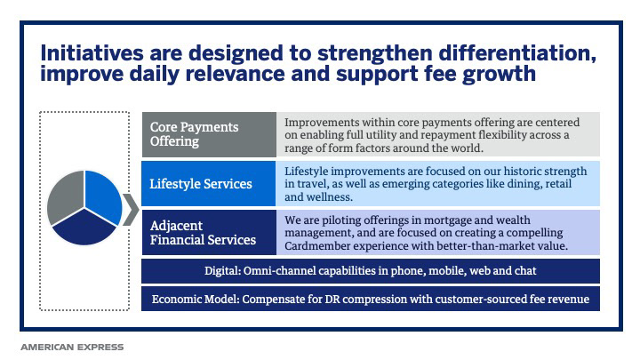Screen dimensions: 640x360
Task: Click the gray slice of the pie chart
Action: click(65, 196)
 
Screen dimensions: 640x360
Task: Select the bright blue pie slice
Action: click(104, 195)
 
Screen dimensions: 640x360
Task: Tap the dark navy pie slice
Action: click(84, 228)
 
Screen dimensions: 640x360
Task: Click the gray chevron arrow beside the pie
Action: click(131, 210)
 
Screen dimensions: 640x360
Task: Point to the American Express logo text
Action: click(72, 347)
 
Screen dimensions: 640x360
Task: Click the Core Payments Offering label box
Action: click(209, 134)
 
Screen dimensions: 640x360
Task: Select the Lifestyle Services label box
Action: click(209, 183)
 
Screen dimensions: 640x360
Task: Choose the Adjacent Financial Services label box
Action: click(209, 232)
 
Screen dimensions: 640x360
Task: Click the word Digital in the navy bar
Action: click(222, 271)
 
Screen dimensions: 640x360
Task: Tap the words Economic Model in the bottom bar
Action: click(195, 300)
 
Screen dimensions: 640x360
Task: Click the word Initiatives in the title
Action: click(92, 53)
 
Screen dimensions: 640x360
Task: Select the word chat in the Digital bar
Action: click(525, 270)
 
